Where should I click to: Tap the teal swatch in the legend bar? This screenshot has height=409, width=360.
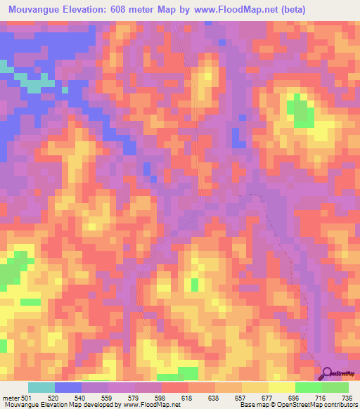point(41,387)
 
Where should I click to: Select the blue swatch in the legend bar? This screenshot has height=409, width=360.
point(68,387)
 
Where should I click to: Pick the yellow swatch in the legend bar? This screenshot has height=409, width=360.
point(282,387)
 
